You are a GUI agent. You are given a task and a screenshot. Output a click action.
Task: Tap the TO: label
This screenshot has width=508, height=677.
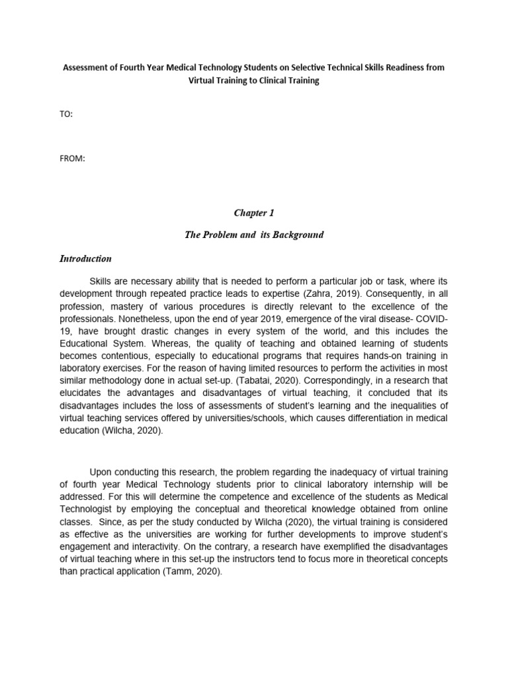point(67,114)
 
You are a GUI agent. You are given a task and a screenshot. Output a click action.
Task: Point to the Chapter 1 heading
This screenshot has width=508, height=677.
point(253,213)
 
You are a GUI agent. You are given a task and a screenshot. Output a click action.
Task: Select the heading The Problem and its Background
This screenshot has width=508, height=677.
point(254,235)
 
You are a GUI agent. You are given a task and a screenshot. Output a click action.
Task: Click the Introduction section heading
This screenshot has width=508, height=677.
point(85,259)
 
